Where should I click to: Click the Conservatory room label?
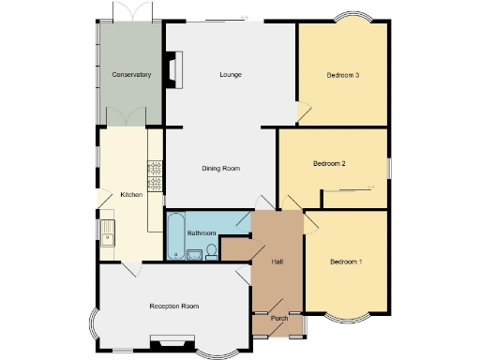(x=131, y=74)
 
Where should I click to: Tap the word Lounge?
(x=232, y=74)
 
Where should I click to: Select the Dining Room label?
(x=221, y=169)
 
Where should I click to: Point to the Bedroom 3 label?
(x=343, y=74)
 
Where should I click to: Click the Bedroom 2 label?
(x=329, y=163)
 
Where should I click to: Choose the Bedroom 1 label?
(x=346, y=262)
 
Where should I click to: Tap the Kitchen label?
(x=131, y=195)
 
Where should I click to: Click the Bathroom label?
(x=202, y=232)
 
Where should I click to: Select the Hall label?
(x=277, y=262)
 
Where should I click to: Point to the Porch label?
(x=278, y=318)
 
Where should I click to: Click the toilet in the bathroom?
(x=211, y=250)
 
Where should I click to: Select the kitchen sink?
(x=108, y=231)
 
